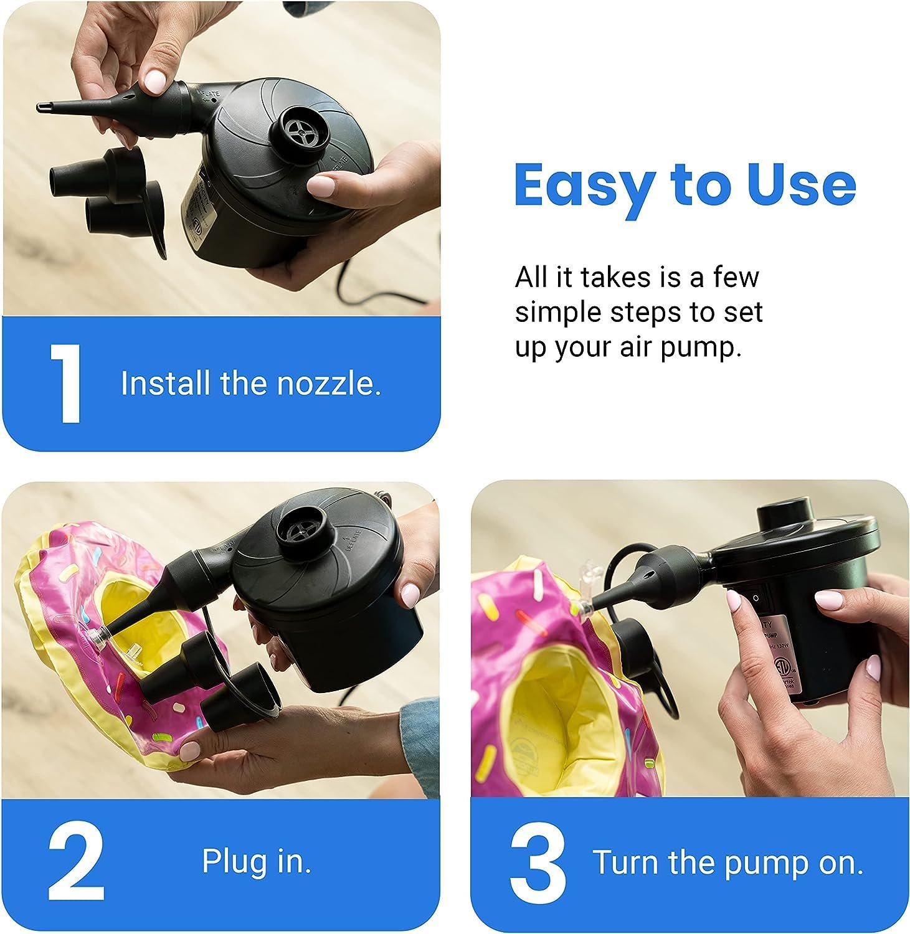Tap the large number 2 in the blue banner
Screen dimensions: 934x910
(75, 862)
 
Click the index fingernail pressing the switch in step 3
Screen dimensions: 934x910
(735, 601)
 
